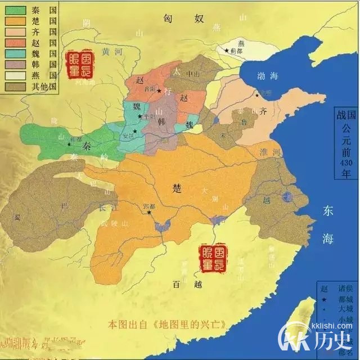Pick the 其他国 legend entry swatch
pos(16,87)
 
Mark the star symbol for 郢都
pos(150,212)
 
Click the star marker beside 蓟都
pos(227,51)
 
